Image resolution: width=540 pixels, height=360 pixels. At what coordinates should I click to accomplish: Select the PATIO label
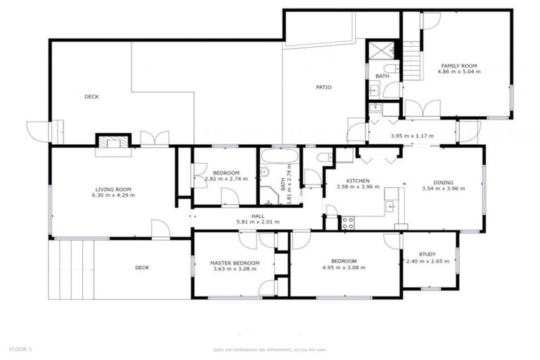click(323, 87)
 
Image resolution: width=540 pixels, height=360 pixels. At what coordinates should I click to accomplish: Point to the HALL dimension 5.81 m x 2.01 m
click(258, 222)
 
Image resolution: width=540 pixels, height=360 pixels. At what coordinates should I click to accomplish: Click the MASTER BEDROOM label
click(235, 263)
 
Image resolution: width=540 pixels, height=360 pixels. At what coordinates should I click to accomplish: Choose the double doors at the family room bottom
click(423, 109)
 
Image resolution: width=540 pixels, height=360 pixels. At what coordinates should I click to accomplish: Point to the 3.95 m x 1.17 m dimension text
click(411, 136)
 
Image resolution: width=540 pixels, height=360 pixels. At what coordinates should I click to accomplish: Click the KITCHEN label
click(357, 181)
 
